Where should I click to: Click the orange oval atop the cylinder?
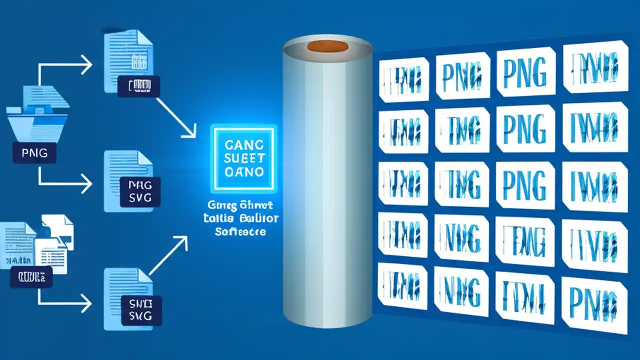click(x=327, y=46)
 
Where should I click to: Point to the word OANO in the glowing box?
click(x=243, y=172)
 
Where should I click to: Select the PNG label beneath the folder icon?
click(x=34, y=152)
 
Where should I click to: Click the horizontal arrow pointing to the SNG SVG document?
click(x=65, y=303)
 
